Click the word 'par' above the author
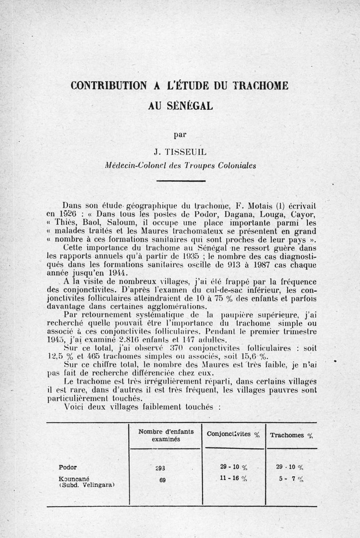(180, 133)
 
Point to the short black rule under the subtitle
(180, 181)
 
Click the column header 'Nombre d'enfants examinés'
(166, 434)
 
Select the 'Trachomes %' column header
(291, 435)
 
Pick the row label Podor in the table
(67, 466)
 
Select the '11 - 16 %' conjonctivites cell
(231, 479)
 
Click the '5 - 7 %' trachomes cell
(291, 479)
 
